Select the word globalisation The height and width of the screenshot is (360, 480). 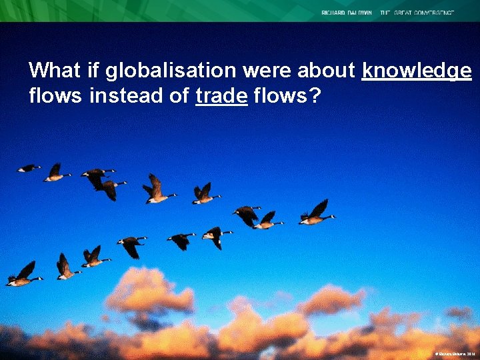coord(157,71)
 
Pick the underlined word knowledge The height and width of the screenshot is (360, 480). coord(417,71)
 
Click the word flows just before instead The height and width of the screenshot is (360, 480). coord(56,97)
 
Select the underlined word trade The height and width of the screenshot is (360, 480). coord(222,97)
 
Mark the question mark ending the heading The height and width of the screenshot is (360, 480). coord(315,97)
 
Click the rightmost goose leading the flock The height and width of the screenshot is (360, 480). coord(317,213)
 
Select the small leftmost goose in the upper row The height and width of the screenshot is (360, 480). coord(28,168)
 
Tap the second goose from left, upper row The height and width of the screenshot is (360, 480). coord(57,173)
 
